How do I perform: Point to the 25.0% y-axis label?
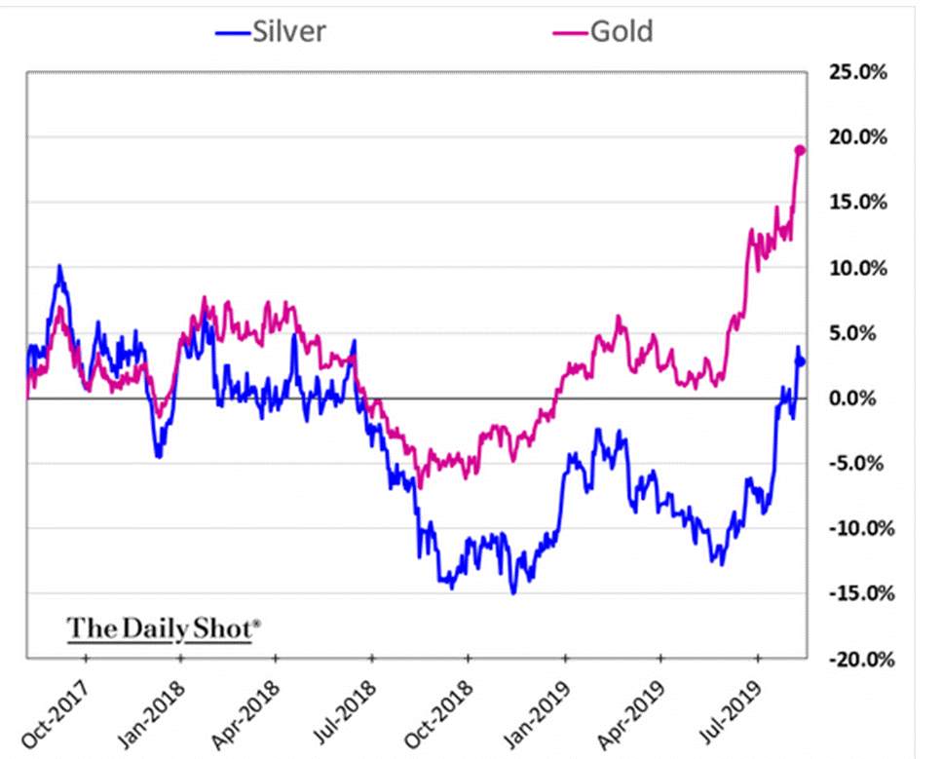[x=857, y=72]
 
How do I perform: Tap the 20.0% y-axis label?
[x=857, y=137]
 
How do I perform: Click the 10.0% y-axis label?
[x=857, y=268]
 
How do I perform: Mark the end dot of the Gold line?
[x=800, y=150]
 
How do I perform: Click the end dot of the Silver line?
[x=801, y=361]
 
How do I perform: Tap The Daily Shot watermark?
[x=163, y=628]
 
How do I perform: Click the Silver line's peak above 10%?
[x=59, y=266]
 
